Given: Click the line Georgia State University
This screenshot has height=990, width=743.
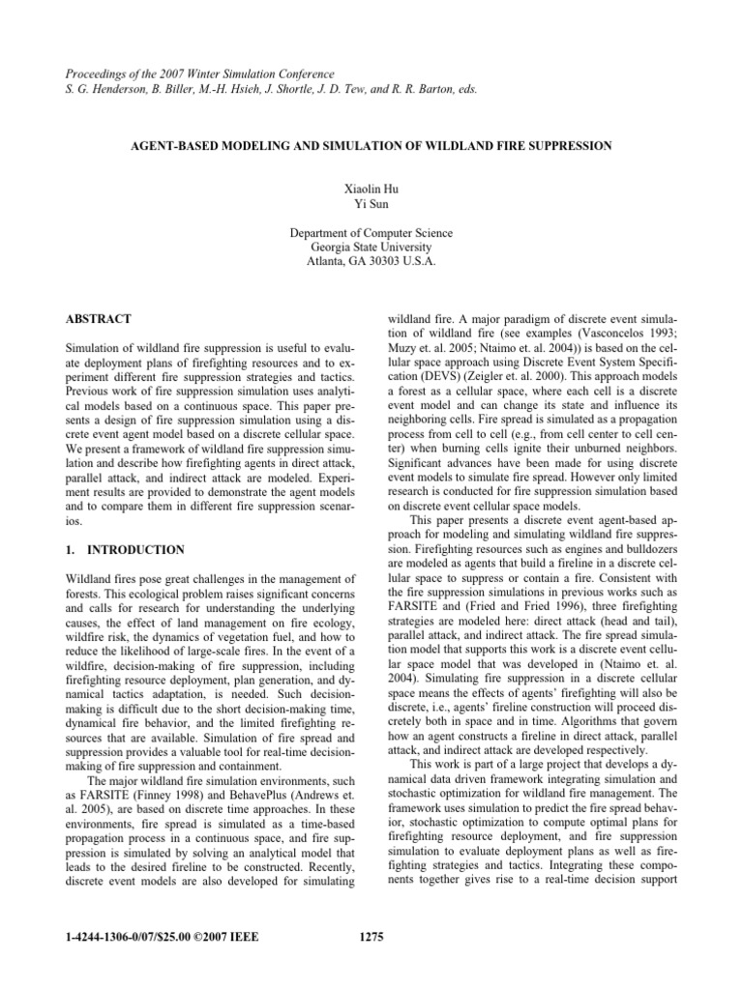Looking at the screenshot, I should click(x=371, y=247).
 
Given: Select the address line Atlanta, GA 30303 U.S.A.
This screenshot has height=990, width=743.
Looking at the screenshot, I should click(x=371, y=262).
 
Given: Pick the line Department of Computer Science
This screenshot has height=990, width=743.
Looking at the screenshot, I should click(x=371, y=233).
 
